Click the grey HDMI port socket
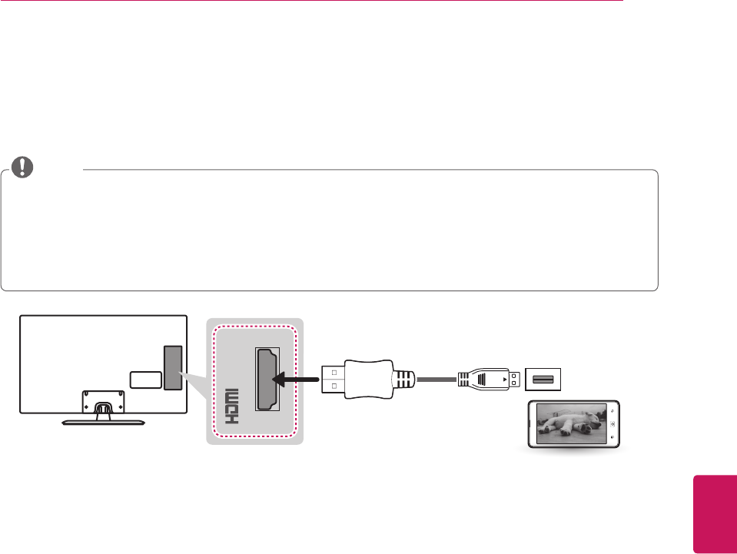point(267,378)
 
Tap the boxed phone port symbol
point(544,378)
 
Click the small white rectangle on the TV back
point(145,380)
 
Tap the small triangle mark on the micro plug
point(504,379)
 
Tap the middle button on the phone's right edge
point(611,425)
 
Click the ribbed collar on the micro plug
point(465,378)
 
